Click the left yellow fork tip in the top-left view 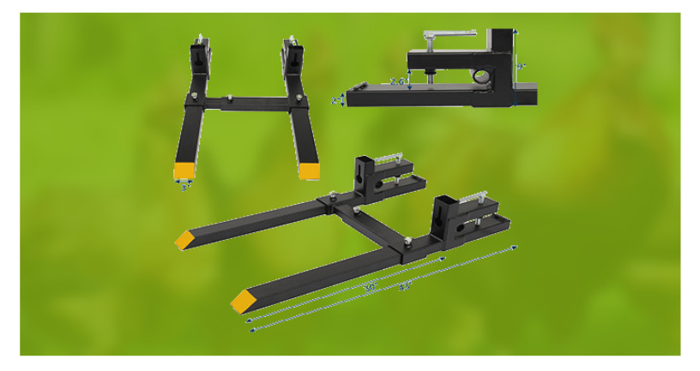point(184,171)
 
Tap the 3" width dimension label point(184,188)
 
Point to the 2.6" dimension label point(397,82)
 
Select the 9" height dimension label point(521,65)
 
